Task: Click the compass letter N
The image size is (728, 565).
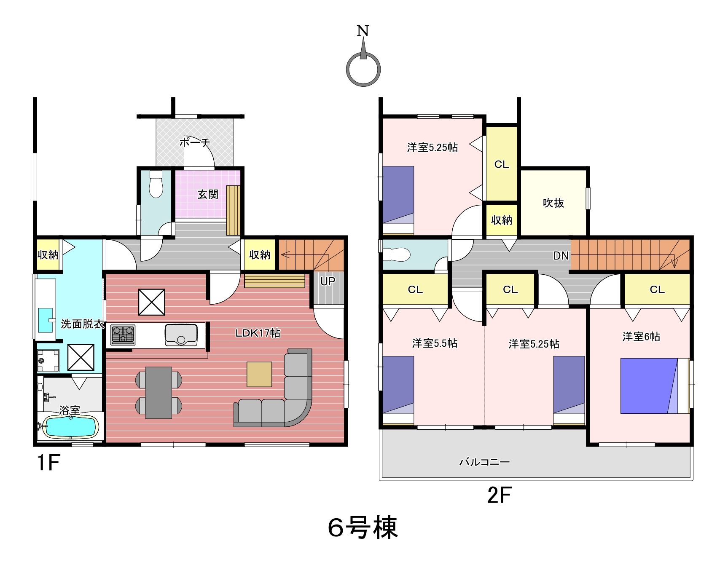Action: (363, 31)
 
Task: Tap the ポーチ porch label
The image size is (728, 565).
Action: (195, 142)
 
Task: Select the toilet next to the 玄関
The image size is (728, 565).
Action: (156, 184)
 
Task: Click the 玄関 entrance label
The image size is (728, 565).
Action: (208, 194)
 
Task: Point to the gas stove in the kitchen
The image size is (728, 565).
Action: (123, 335)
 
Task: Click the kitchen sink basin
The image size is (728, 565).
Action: (181, 335)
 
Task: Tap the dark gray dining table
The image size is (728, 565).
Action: (158, 393)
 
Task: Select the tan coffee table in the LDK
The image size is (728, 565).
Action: (259, 375)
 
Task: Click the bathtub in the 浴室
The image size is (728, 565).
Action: (70, 427)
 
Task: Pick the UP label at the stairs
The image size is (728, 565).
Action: (328, 281)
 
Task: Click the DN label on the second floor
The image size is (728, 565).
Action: (561, 256)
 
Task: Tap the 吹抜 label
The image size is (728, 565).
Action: (553, 203)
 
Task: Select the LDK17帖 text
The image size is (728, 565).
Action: (258, 333)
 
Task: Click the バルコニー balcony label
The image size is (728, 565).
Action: (484, 462)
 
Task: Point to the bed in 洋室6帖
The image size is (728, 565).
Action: (654, 386)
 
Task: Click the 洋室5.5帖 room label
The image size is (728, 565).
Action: (435, 343)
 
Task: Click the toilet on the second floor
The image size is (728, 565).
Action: (396, 254)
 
